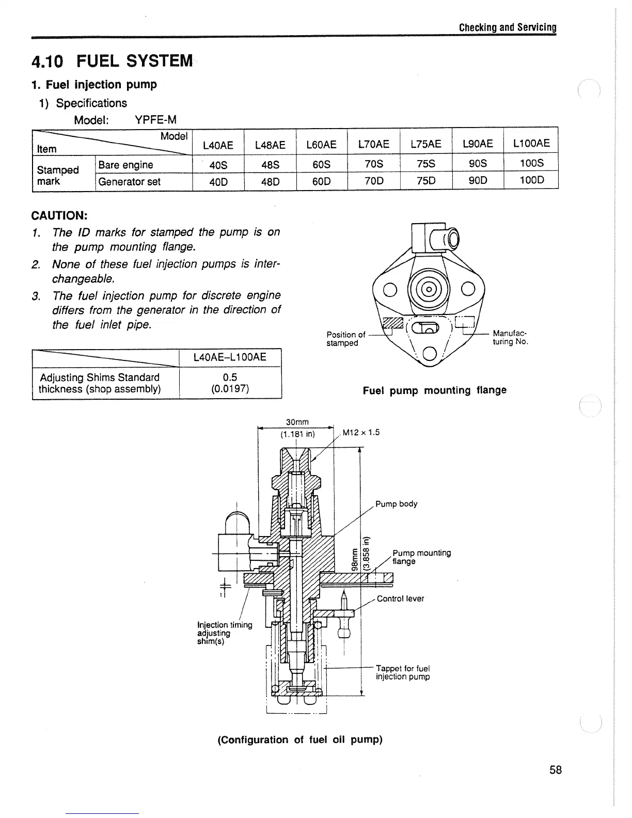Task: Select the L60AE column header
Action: click(321, 145)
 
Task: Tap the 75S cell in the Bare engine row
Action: click(425, 164)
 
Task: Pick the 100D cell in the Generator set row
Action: click(531, 181)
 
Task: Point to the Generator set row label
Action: click(129, 181)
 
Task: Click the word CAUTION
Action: click(59, 214)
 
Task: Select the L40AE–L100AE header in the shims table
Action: click(230, 357)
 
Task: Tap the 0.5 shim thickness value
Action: click(230, 377)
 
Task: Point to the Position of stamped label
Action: click(345, 339)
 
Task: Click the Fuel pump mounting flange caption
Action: click(434, 390)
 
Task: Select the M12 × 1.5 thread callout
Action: click(361, 432)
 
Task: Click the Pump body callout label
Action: click(396, 504)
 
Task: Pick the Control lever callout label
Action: click(400, 599)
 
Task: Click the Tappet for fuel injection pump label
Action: click(403, 672)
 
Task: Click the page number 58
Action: click(556, 770)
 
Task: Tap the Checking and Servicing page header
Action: click(508, 27)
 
